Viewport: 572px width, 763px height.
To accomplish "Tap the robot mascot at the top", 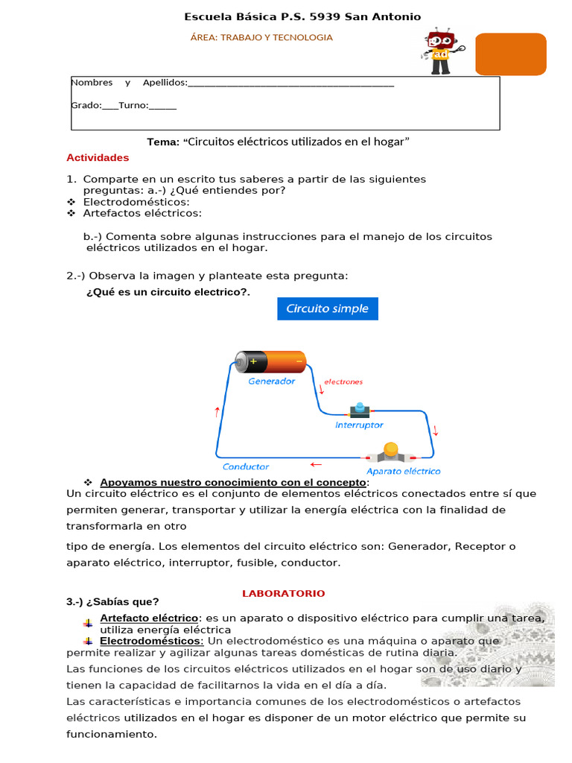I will pos(440,51).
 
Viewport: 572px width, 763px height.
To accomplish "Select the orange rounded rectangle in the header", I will pos(510,54).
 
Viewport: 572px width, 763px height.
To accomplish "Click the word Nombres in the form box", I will pos(92,83).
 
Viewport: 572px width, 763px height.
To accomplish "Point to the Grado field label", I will pos(86,105).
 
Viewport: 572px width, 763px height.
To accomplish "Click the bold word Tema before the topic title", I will pos(163,142).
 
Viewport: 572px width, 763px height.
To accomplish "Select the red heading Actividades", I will pos(98,158).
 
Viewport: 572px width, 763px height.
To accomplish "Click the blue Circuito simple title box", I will pos(328,308).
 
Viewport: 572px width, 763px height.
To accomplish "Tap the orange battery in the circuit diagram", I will pos(270,361).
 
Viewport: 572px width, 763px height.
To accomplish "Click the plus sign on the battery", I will pos(253,361).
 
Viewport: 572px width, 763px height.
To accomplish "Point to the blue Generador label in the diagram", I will pos(271,381).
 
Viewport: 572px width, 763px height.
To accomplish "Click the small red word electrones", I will pos(343,381).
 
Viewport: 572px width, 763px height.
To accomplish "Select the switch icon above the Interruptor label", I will pos(360,409).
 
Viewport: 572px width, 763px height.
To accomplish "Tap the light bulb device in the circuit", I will pos(390,452).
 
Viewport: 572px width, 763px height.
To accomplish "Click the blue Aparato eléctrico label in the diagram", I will pos(403,471).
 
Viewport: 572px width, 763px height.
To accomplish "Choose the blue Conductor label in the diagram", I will pos(245,467).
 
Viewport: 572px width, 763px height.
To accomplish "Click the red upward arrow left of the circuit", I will pos(217,412).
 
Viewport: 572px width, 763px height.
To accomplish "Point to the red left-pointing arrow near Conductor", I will pos(316,464).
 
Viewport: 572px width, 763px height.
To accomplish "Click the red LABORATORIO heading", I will pos(283,593).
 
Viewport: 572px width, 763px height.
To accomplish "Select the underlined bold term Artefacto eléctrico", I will pos(149,618).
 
